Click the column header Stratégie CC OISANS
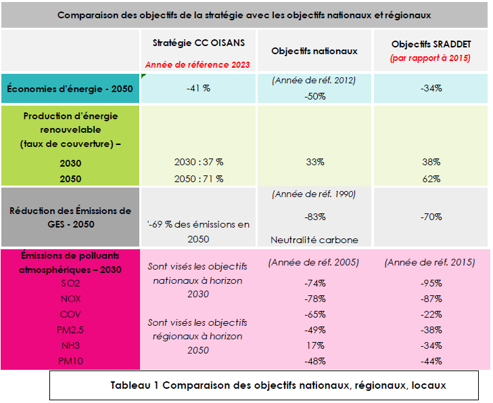pyautogui.click(x=198, y=42)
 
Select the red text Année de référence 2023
pyautogui.click(x=198, y=65)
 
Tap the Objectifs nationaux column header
pyautogui.click(x=314, y=51)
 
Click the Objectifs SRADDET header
pyautogui.click(x=430, y=44)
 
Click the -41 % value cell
pyautogui.click(x=198, y=88)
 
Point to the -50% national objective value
pyautogui.click(x=314, y=96)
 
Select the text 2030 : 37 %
pyautogui.click(x=198, y=162)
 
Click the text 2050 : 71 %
pyautogui.click(x=198, y=179)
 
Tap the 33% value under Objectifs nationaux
pyautogui.click(x=314, y=162)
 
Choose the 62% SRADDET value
pyautogui.click(x=430, y=179)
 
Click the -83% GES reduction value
pyautogui.click(x=314, y=217)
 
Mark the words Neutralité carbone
pyautogui.click(x=314, y=239)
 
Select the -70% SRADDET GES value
pyautogui.click(x=430, y=217)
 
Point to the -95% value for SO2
pyautogui.click(x=430, y=283)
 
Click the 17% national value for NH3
pyautogui.click(x=314, y=345)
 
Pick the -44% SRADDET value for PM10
pyautogui.click(x=430, y=361)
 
